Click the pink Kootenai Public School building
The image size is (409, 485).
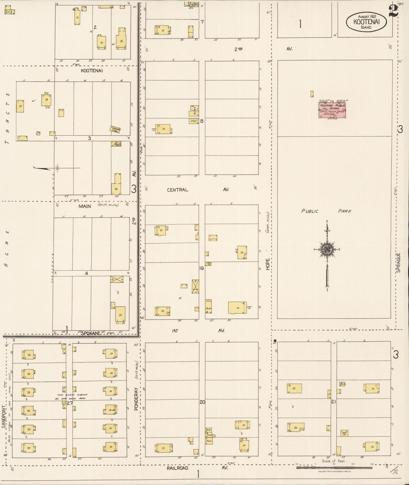click(x=332, y=110)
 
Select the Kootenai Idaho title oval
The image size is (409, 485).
click(x=366, y=22)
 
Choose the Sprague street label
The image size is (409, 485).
click(x=399, y=263)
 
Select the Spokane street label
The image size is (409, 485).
click(x=91, y=333)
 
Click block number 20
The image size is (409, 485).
click(x=202, y=402)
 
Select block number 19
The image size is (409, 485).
click(x=202, y=268)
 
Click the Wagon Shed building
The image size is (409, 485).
click(x=115, y=129)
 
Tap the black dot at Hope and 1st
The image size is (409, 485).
click(x=275, y=340)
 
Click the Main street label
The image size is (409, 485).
click(x=85, y=206)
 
